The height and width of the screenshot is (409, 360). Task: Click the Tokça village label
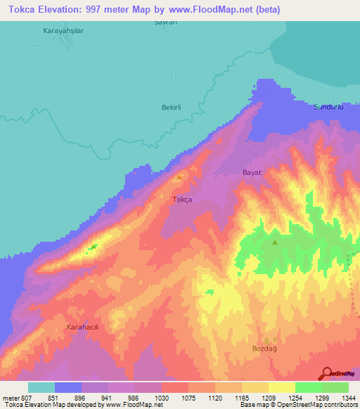pos(182,200)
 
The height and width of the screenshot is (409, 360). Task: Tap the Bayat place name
pos(252,172)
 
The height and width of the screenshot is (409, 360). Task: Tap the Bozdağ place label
pos(266,348)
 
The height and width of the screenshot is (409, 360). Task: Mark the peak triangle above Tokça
pos(179,176)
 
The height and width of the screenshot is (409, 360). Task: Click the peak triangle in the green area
pos(275,242)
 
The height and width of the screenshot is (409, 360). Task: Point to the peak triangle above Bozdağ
pos(266,339)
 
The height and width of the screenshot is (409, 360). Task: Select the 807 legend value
pos(23,398)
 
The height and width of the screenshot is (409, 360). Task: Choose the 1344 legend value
pos(347,398)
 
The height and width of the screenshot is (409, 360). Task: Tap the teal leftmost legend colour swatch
pos(41,387)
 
